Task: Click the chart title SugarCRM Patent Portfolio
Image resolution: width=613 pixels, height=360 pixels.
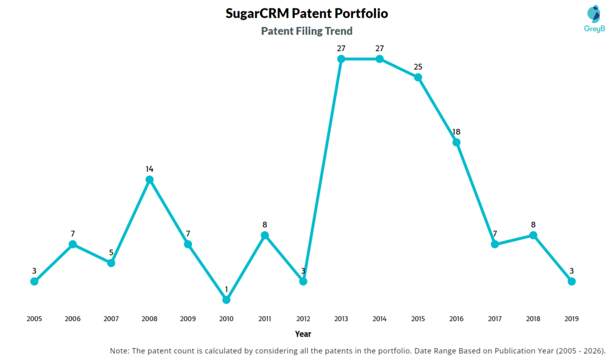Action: [x=306, y=13]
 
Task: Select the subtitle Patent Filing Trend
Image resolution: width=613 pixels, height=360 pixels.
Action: [x=306, y=31]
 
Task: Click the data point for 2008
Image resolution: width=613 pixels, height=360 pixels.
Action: [x=150, y=180]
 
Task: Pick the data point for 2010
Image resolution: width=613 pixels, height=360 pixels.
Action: [x=226, y=300]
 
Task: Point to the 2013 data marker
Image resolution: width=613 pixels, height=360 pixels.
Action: [x=341, y=59]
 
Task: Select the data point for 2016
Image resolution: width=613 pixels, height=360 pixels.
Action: [x=457, y=142]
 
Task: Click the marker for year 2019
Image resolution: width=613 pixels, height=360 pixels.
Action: [x=572, y=282]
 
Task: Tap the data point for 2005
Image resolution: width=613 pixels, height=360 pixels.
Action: [x=34, y=282]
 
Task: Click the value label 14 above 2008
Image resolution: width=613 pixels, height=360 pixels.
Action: [x=150, y=169]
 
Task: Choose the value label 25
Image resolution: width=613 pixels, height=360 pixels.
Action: [x=418, y=66]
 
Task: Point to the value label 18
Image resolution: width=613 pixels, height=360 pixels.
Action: [x=457, y=131]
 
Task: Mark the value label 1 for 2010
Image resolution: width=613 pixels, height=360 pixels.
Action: [x=226, y=289]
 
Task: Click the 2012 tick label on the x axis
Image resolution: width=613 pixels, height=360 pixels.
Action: [x=303, y=319]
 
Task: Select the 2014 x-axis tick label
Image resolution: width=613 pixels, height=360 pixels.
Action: [x=380, y=319]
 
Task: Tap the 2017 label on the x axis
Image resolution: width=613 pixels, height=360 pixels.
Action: [x=495, y=319]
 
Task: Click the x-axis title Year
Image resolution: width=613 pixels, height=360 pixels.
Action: [x=303, y=334]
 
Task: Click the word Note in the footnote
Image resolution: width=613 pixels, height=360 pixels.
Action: [x=120, y=350]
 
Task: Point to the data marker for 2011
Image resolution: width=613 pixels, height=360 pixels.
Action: [x=265, y=235]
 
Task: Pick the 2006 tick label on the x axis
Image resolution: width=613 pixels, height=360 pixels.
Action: [x=72, y=319]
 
